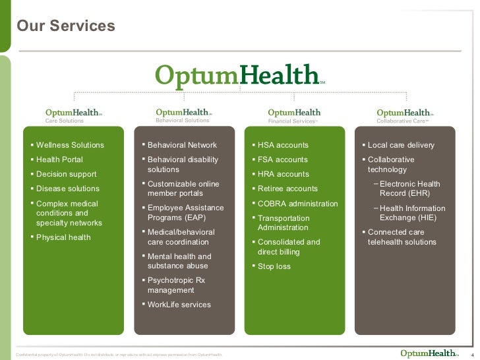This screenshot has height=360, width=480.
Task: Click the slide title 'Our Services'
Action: tap(66, 26)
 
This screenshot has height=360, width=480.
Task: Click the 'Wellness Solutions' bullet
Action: tap(70, 145)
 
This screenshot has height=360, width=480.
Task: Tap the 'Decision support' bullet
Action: tap(66, 174)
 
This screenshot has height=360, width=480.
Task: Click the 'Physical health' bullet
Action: tap(63, 237)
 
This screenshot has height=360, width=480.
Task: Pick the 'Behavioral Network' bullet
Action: tap(182, 145)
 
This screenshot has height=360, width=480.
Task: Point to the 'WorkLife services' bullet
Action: tap(179, 305)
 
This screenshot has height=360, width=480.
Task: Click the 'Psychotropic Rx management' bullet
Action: tap(176, 285)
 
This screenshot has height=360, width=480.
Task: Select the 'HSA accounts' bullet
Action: tap(283, 145)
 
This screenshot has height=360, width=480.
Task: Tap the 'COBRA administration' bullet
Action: tap(297, 203)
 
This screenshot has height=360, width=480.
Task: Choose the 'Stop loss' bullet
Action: tap(274, 266)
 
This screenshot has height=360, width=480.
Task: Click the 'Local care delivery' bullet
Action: tap(401, 145)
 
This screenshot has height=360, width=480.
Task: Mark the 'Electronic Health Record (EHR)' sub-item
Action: tap(409, 189)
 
